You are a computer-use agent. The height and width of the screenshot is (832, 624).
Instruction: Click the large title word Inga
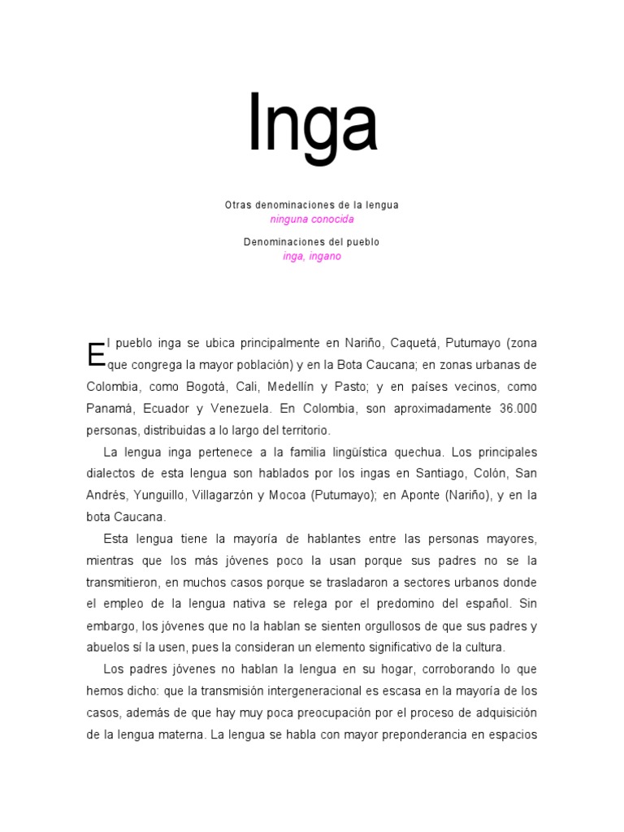point(313,124)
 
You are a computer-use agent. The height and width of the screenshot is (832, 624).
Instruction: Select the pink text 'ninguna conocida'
point(312,219)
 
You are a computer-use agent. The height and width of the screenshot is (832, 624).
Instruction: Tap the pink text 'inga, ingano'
point(312,256)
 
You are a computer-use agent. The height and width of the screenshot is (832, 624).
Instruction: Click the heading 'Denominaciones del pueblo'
point(312,242)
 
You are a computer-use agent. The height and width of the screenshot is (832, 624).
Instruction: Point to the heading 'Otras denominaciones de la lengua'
point(312,206)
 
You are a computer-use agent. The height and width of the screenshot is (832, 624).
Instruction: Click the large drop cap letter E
point(96,353)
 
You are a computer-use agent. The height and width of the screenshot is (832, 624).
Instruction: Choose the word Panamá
point(110,408)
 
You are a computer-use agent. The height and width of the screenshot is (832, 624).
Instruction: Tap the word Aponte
point(421,495)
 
